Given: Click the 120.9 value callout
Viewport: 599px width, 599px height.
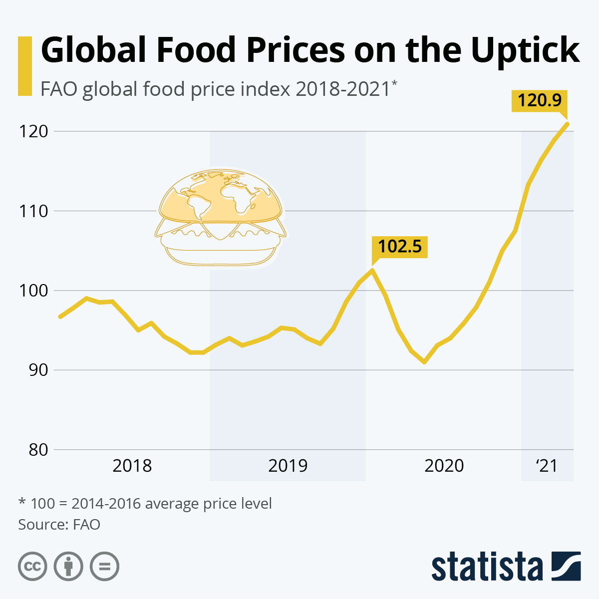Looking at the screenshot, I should pos(539,101).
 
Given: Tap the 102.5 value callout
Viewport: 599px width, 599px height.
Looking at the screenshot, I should pos(400,247).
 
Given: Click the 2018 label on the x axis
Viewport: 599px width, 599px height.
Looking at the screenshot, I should pos(132,466).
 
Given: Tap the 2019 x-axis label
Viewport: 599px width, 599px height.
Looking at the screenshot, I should pos(288,466).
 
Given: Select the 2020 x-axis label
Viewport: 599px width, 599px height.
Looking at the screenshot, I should pos(444,466).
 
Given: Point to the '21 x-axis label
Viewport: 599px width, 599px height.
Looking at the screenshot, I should pos(547,466).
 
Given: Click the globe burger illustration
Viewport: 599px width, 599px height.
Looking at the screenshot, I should pos(220,218).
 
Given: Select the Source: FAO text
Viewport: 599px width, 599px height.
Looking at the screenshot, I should pos(59,525).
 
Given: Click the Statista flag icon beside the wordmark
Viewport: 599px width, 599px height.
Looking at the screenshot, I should pos(566,566).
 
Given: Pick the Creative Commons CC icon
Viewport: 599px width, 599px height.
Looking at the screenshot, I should pos(32,566).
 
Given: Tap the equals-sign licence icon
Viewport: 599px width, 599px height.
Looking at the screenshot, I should pos(104,566).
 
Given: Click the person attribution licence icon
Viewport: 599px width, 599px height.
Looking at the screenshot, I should pos(68,566).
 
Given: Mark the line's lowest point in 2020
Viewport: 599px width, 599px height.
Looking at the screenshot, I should pos(424,362).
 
